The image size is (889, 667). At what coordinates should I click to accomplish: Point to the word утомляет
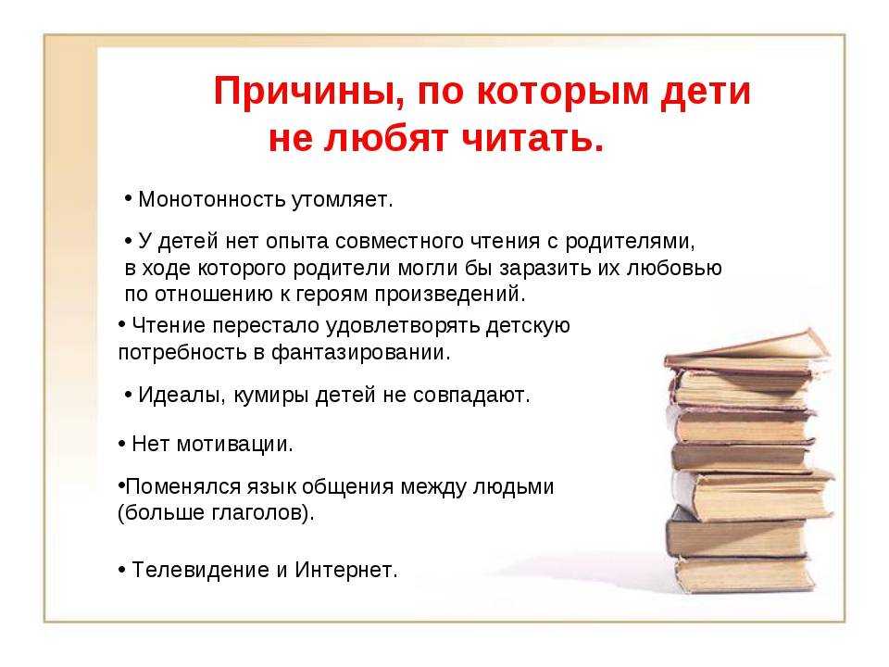tap(343, 200)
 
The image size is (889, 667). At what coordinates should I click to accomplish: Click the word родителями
tap(630, 242)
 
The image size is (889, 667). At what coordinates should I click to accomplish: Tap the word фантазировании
tap(360, 353)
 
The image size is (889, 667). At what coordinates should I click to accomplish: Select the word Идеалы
tap(179, 396)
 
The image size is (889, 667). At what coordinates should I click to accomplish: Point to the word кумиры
tap(271, 396)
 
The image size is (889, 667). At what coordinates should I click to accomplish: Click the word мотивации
tap(234, 445)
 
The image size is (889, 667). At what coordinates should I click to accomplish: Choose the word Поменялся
tap(183, 486)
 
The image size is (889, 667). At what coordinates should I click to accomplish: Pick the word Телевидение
tap(201, 570)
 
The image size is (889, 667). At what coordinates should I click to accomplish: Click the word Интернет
tap(345, 570)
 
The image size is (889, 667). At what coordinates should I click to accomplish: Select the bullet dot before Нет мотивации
tap(122, 444)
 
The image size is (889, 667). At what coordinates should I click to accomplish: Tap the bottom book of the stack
tap(744, 574)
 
